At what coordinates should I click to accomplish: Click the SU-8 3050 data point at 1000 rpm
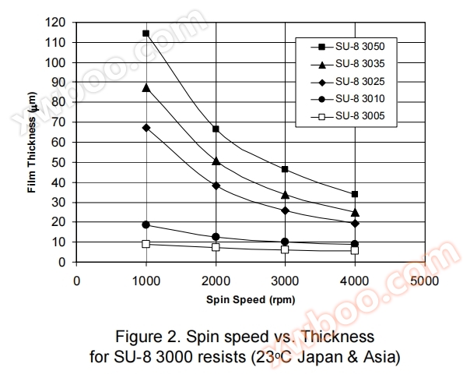tap(146, 34)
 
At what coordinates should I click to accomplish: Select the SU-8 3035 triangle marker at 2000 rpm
tap(216, 161)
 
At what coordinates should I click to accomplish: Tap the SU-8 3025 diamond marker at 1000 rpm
tap(146, 127)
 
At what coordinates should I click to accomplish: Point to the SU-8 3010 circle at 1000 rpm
tap(146, 224)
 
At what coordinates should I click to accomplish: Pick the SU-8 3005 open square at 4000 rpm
tap(355, 250)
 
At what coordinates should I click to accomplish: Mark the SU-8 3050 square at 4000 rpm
tap(355, 194)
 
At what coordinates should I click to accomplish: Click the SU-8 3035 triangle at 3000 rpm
tap(286, 194)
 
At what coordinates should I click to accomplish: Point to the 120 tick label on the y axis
tap(57, 22)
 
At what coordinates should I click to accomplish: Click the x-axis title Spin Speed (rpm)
tap(250, 299)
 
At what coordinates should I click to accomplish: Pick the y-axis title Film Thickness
tap(32, 143)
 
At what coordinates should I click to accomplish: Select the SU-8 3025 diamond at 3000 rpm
tap(286, 210)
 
